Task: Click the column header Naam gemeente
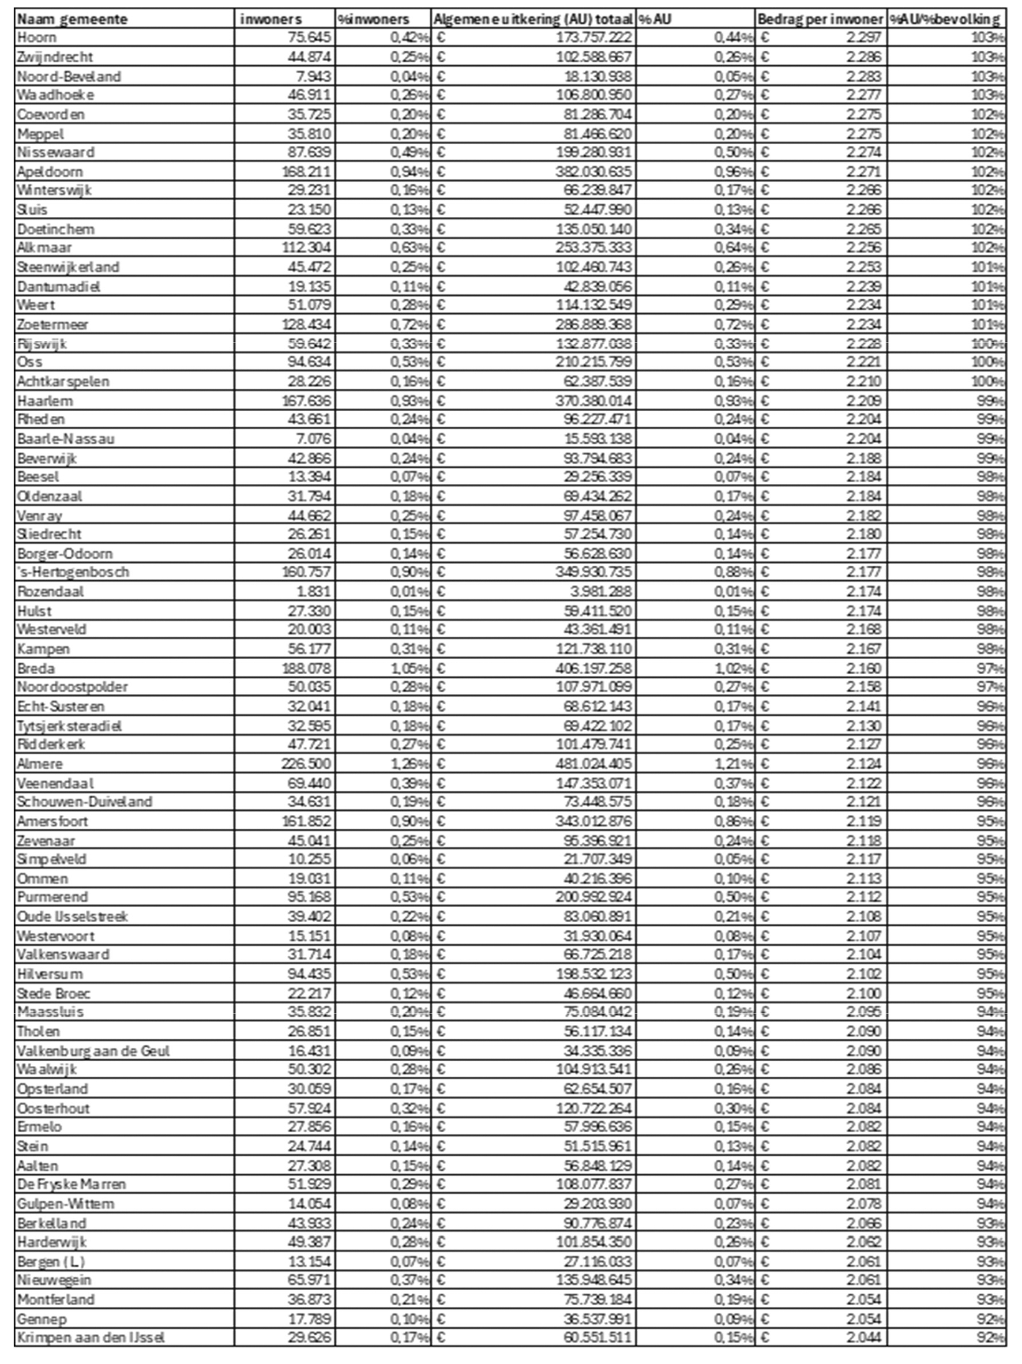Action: [x=72, y=19]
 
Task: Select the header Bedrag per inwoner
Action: [x=821, y=19]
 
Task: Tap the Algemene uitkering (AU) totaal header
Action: [x=533, y=19]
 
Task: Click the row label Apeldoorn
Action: [x=50, y=171]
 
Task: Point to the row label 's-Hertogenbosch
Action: [x=73, y=572]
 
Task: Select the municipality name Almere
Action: [x=40, y=764]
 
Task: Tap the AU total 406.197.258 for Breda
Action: [x=593, y=668]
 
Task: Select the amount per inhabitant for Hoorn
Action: [x=863, y=37]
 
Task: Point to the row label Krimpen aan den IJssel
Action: [x=91, y=1337]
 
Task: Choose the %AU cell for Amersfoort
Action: [x=734, y=821]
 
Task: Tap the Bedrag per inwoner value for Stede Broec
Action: [x=863, y=993]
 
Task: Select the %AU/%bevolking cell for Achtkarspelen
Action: [x=987, y=381]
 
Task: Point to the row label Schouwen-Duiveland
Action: [x=85, y=802]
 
